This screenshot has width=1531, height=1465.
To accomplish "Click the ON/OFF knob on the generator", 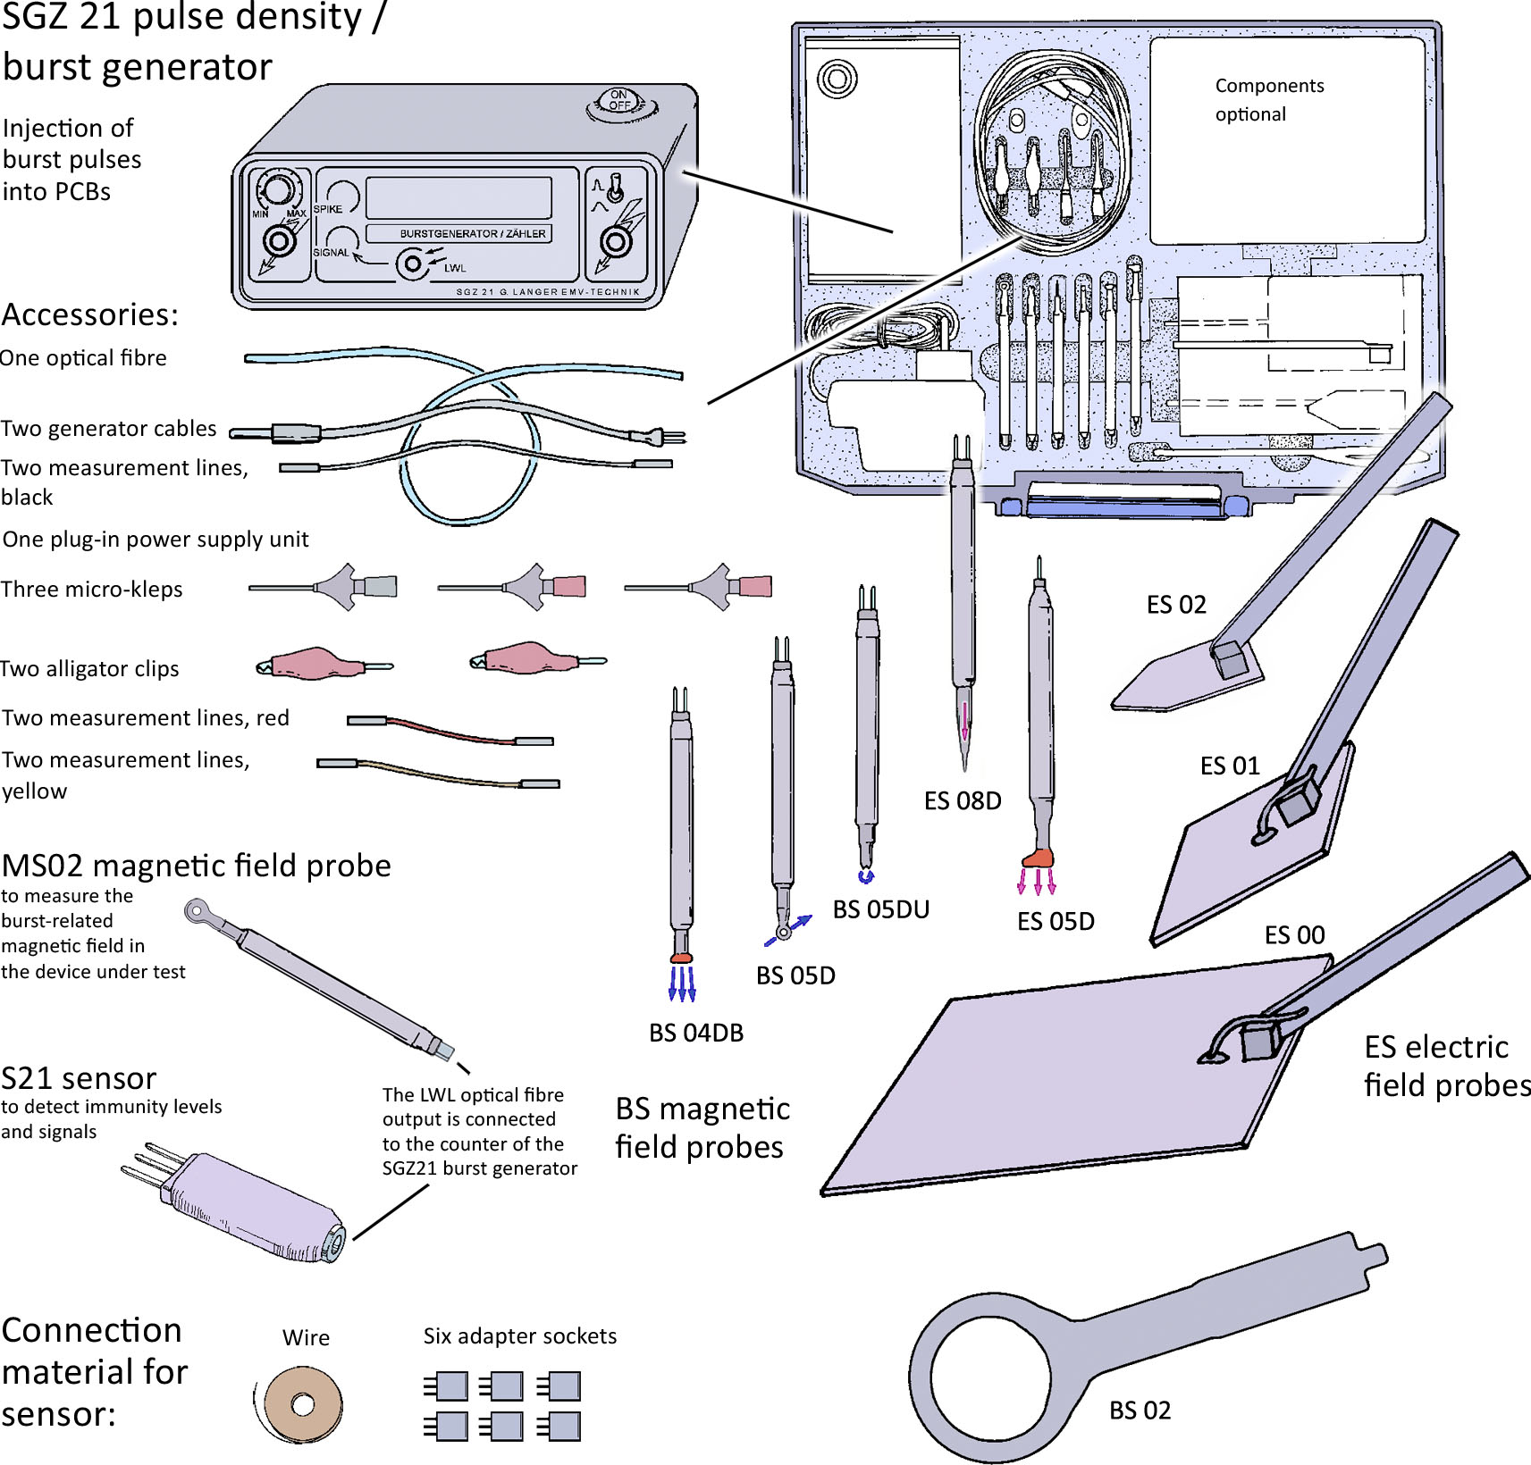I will point(619,104).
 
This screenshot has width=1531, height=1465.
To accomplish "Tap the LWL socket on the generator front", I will point(412,264).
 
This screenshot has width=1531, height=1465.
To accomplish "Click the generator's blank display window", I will point(458,197).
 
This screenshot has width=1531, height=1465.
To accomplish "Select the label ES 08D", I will point(962,800).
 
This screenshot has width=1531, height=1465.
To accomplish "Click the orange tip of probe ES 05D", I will point(1038,858).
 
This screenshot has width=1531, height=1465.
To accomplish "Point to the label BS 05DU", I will point(880,909).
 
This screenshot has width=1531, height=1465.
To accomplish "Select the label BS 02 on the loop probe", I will point(1140,1410).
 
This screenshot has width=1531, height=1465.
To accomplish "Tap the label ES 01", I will point(1229,766).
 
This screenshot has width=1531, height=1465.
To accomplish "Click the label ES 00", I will point(1293,934).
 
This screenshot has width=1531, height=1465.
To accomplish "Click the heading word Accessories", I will point(89,314).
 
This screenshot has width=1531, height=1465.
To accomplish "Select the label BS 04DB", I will point(695,1033).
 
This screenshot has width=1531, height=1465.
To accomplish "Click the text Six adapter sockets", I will point(519,1335).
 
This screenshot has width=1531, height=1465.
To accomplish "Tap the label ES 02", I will point(1175,605).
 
